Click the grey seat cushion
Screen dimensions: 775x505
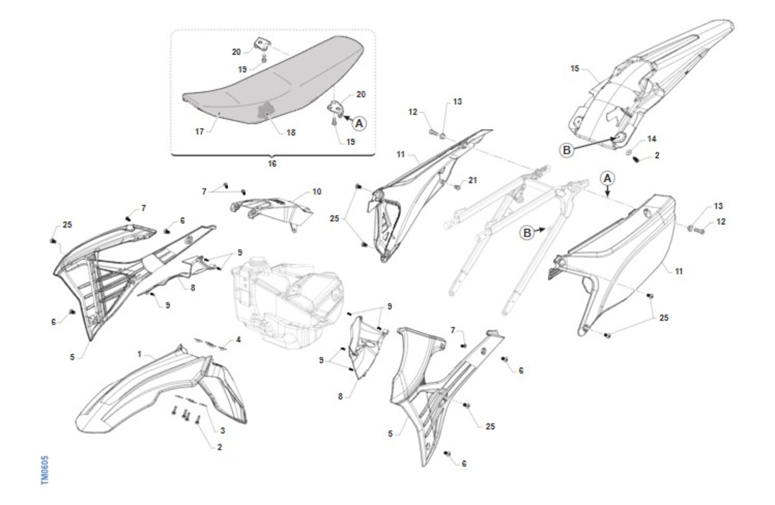(x=273, y=83)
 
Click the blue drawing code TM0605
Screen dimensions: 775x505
(x=45, y=470)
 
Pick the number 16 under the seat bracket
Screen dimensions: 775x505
(x=273, y=163)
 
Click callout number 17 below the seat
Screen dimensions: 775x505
(x=200, y=132)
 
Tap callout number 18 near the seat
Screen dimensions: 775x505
(x=291, y=132)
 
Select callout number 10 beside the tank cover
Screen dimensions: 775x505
(x=317, y=192)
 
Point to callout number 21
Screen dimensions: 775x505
(x=473, y=180)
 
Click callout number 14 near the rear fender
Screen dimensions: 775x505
(x=652, y=139)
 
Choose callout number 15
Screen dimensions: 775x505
(x=575, y=69)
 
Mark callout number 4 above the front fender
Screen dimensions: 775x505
(x=238, y=339)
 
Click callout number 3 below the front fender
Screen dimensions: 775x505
(x=223, y=430)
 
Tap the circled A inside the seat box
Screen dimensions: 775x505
(x=359, y=123)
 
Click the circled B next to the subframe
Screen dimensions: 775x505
(x=527, y=233)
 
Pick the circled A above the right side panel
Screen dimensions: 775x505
(x=608, y=179)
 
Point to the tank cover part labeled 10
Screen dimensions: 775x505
(x=272, y=212)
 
